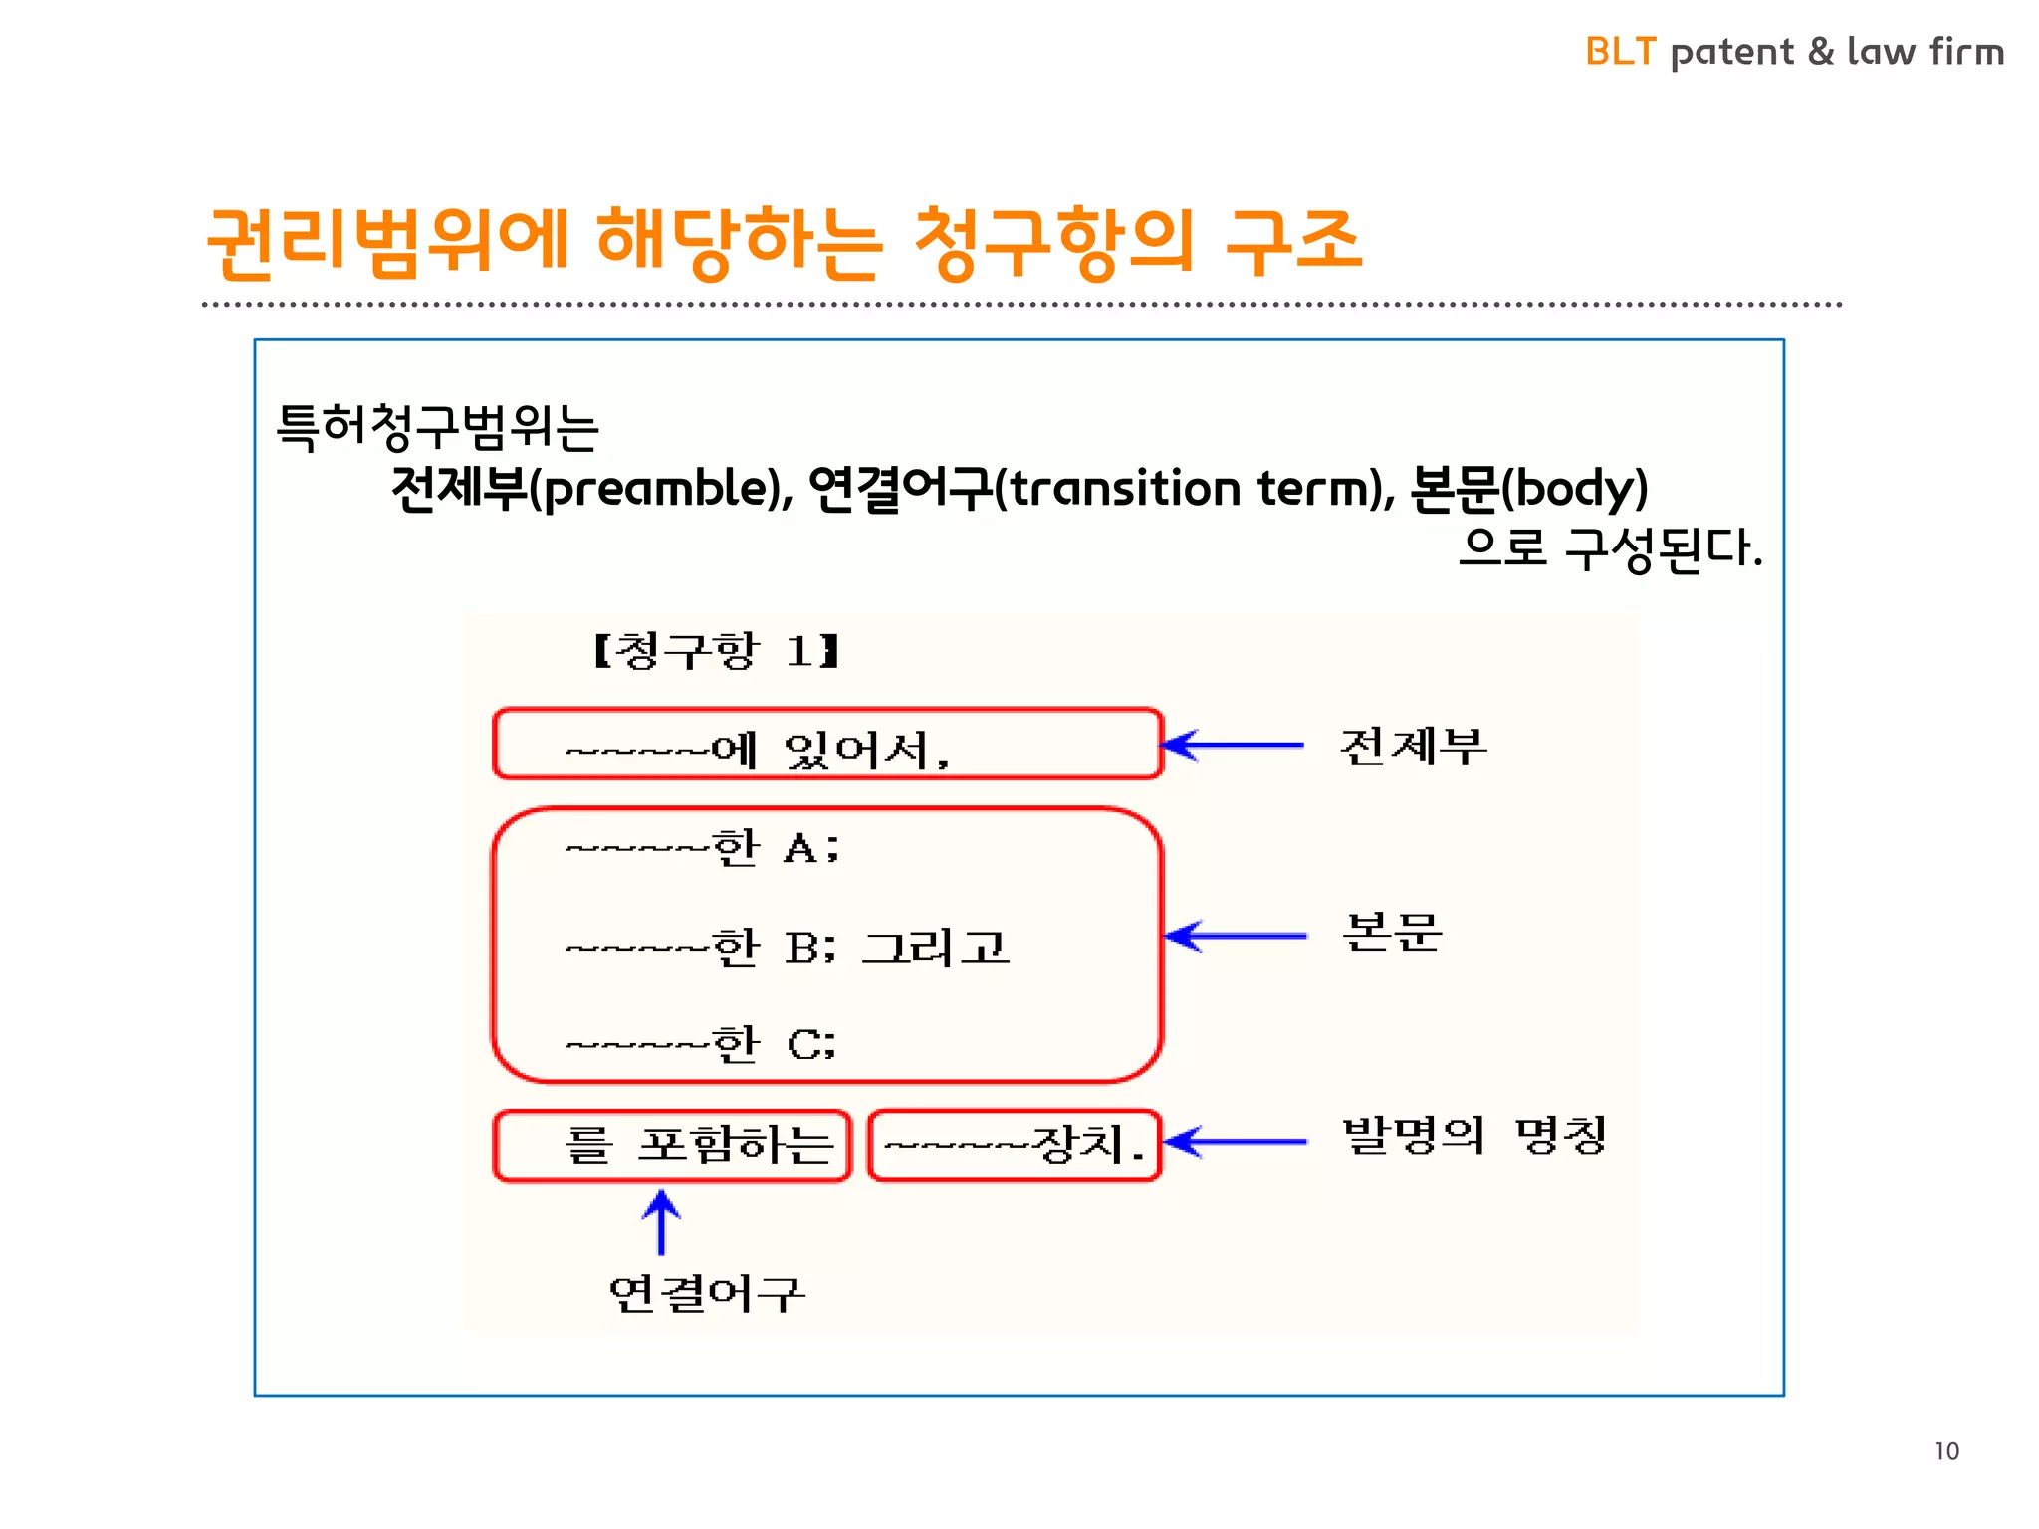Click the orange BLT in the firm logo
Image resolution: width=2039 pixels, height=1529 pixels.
[x=1620, y=52]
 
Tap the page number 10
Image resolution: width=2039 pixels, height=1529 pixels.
[x=1946, y=1451]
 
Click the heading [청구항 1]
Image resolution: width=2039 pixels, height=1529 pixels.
[x=716, y=651]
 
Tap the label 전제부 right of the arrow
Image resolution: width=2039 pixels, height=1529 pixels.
[x=1414, y=746]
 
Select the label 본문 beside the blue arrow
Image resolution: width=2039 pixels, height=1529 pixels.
[x=1392, y=933]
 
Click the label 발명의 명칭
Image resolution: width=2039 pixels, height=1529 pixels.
[x=1473, y=1135]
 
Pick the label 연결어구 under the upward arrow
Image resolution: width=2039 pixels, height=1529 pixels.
[x=706, y=1293]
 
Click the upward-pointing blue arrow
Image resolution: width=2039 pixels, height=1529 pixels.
[x=661, y=1221]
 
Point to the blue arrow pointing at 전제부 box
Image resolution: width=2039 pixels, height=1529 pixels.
[x=1233, y=745]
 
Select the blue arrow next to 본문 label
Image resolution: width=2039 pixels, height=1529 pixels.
[x=1235, y=936]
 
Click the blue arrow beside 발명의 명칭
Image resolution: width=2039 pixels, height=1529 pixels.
[x=1235, y=1142]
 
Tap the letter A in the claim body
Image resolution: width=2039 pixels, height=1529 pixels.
[x=800, y=849]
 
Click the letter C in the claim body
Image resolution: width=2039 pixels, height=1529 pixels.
[x=803, y=1044]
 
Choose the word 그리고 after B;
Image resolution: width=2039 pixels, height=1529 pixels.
[x=935, y=947]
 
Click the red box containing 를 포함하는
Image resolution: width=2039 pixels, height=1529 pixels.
[x=672, y=1145]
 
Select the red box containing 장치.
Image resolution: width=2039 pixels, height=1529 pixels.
[x=1015, y=1145]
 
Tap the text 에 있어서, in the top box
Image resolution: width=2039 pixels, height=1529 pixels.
[x=830, y=750]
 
